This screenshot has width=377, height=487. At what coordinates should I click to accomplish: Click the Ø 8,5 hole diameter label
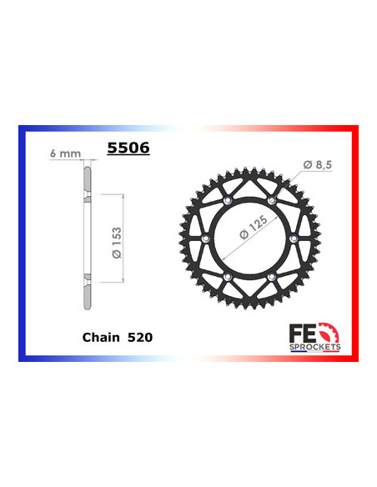point(317,165)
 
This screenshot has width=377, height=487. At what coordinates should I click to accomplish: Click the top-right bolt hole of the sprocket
point(272,201)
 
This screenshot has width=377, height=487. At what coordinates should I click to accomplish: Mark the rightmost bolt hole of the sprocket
point(293,238)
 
